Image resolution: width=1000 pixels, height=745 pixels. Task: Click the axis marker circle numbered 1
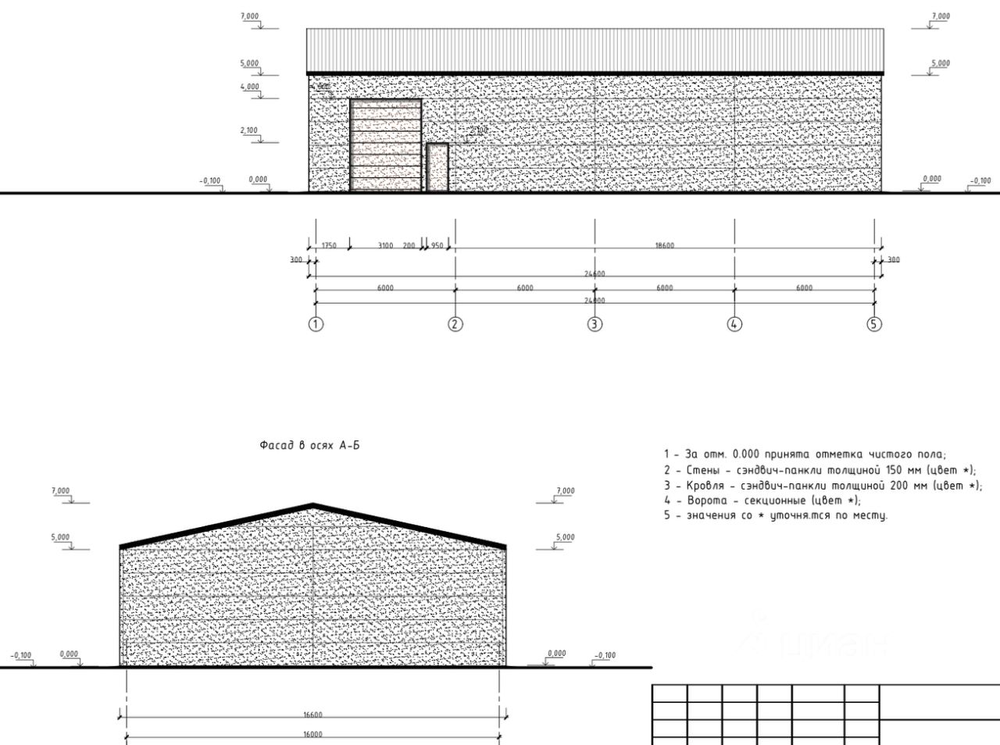point(316,324)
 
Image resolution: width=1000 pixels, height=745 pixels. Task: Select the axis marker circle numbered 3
point(595,324)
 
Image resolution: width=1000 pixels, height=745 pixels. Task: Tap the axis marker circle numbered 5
point(874,324)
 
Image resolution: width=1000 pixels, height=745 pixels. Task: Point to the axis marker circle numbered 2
point(455,324)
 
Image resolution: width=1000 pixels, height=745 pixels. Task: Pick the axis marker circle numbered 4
point(734,324)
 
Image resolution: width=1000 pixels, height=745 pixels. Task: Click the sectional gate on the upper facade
point(386,145)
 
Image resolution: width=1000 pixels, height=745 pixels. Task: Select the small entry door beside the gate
point(437,167)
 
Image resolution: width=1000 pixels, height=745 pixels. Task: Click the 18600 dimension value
point(664,245)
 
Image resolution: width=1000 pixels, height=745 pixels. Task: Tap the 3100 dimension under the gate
point(385,245)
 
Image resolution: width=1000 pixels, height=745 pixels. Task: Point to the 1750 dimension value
point(329,245)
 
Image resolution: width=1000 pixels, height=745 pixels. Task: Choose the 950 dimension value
point(437,245)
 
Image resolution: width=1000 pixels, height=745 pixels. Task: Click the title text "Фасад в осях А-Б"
point(309,445)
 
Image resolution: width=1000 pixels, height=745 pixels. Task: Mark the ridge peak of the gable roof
point(313,505)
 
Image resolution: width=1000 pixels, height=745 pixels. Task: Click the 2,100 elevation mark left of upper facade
point(249,130)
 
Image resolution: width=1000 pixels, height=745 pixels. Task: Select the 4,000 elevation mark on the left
point(250,87)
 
